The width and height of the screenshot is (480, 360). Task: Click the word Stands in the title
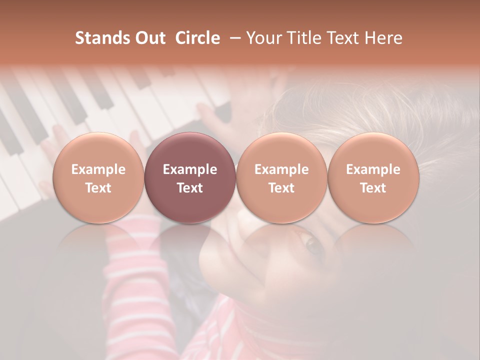(x=100, y=38)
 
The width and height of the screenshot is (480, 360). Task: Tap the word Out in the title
(x=149, y=38)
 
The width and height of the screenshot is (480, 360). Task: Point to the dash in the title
(x=233, y=38)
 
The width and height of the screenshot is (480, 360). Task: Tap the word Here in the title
(x=384, y=38)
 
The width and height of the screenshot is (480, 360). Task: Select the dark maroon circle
(x=190, y=178)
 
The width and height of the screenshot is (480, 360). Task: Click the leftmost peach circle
(x=98, y=178)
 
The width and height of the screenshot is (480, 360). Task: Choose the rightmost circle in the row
(x=373, y=178)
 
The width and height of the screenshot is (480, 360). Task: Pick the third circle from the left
(x=281, y=178)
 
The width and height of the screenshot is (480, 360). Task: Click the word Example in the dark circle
(x=190, y=169)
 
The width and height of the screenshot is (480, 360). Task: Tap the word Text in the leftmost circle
(x=98, y=188)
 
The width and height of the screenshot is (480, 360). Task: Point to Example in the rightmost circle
(x=373, y=169)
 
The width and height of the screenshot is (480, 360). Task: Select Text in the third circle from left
(x=281, y=188)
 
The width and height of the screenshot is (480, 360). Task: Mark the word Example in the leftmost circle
(x=98, y=169)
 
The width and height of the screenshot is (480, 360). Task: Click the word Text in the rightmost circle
(x=373, y=188)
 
